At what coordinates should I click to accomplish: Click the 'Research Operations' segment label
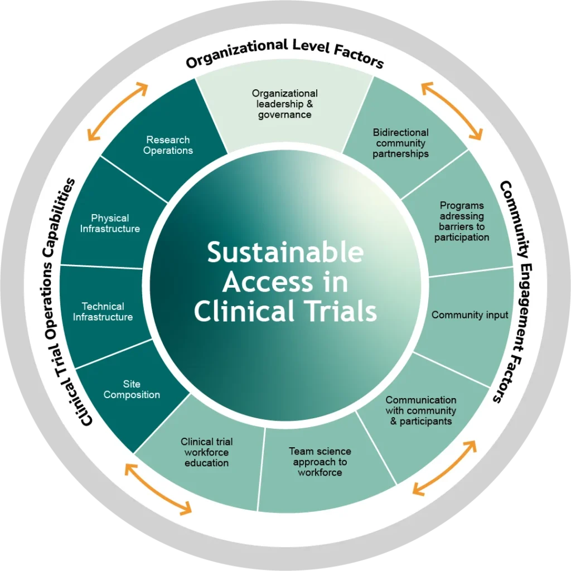pyautogui.click(x=168, y=145)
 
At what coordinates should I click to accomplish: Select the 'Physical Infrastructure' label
pyautogui.click(x=110, y=223)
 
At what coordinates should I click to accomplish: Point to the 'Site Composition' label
pyautogui.click(x=132, y=389)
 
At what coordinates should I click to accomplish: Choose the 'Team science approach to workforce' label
pyautogui.click(x=320, y=462)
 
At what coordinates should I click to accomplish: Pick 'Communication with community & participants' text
pyautogui.click(x=421, y=410)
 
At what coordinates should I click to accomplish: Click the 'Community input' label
pyautogui.click(x=470, y=315)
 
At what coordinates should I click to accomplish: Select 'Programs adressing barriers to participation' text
pyautogui.click(x=462, y=221)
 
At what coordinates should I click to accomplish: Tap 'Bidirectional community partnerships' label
pyautogui.click(x=401, y=143)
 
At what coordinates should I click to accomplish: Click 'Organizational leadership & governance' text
pyautogui.click(x=284, y=104)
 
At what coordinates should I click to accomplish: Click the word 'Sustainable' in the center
pyautogui.click(x=285, y=253)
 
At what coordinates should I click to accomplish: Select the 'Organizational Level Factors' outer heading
pyautogui.click(x=284, y=54)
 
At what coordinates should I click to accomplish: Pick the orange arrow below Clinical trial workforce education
pyautogui.click(x=158, y=488)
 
